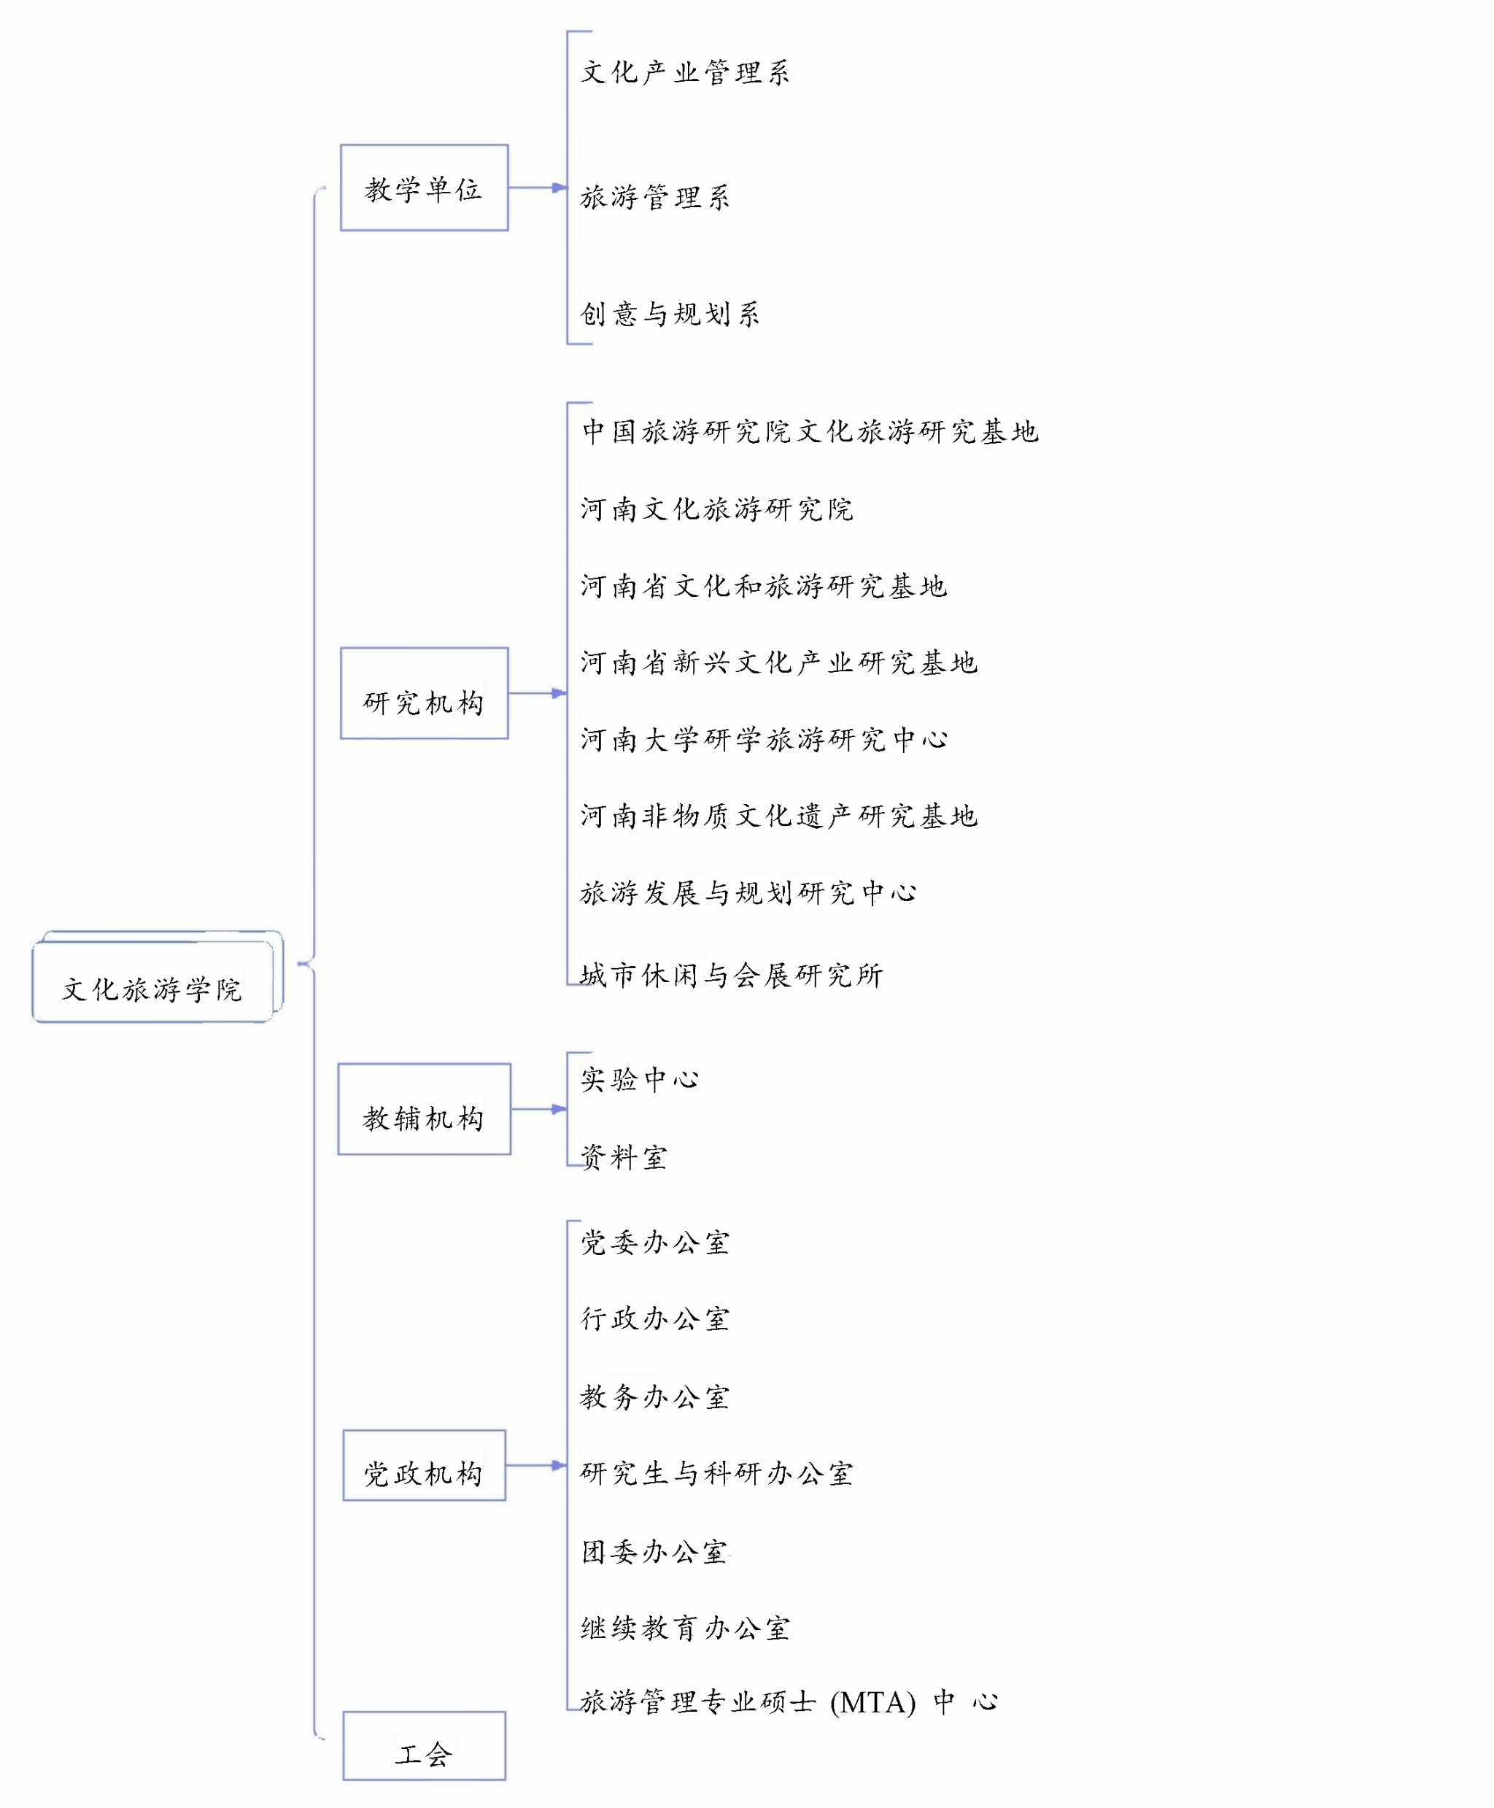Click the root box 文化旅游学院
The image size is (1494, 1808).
click(x=152, y=982)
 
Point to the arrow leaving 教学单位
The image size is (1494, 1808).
click(x=537, y=187)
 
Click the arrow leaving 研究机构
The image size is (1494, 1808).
click(x=537, y=692)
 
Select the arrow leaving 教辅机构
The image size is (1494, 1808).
click(x=539, y=1108)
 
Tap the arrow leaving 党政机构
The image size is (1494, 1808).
click(x=536, y=1464)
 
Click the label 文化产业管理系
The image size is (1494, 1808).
click(x=685, y=72)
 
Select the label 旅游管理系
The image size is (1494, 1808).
click(x=655, y=197)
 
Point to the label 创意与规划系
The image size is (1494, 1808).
click(x=670, y=314)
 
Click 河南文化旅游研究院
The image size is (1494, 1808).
click(x=716, y=509)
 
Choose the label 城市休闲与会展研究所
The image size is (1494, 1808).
click(x=732, y=975)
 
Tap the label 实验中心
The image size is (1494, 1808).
click(x=640, y=1079)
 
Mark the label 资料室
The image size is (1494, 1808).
click(x=624, y=1157)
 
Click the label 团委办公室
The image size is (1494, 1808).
click(x=654, y=1552)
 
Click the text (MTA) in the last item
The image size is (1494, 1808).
click(x=872, y=1702)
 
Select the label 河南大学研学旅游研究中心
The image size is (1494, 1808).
click(x=763, y=739)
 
